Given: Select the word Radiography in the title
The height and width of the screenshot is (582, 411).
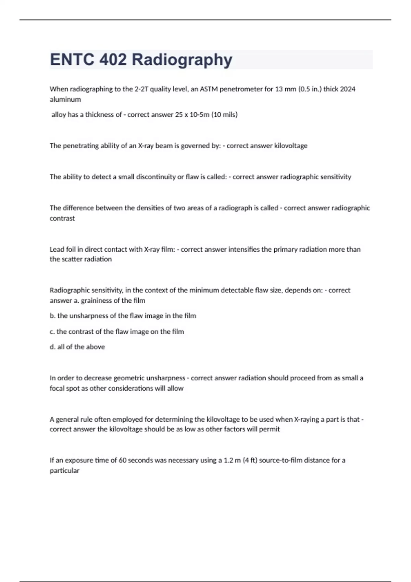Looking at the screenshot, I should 182,60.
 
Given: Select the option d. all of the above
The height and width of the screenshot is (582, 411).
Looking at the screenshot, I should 77,347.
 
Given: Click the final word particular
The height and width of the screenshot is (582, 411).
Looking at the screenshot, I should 64,471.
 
